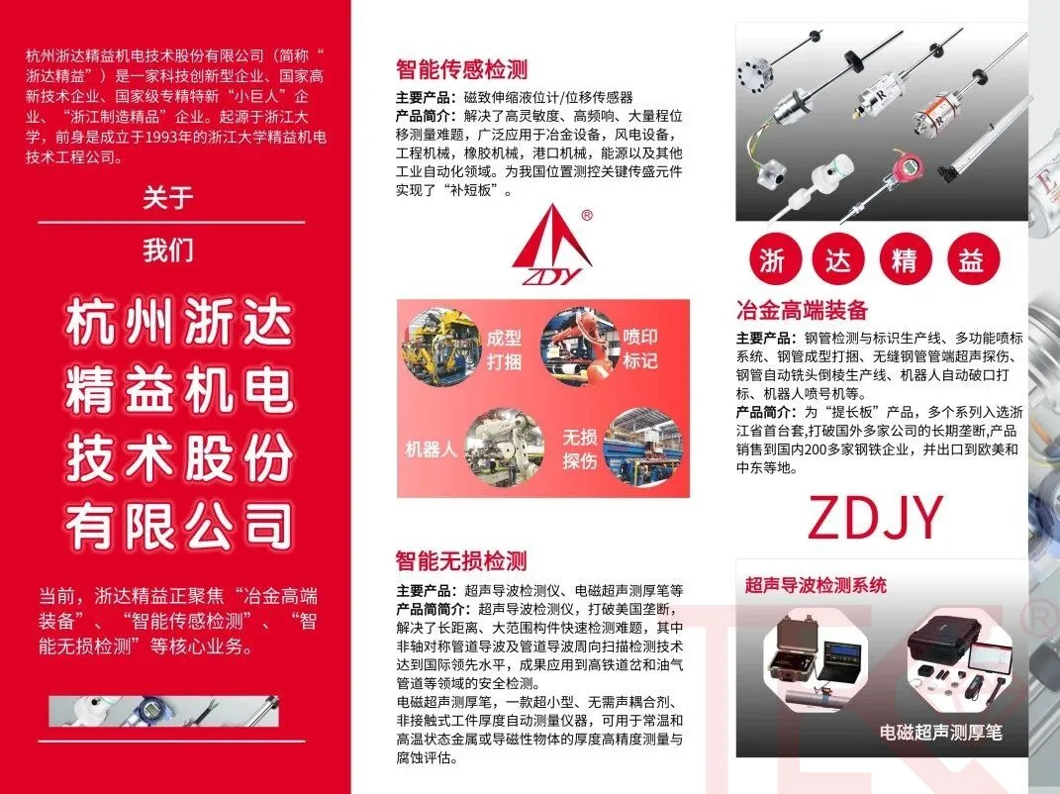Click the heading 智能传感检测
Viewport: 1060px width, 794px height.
(461, 69)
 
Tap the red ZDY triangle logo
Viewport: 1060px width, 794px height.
(553, 240)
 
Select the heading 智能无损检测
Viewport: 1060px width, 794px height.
(461, 561)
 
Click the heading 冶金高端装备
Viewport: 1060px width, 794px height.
(802, 310)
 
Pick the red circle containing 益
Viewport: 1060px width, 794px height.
(970, 259)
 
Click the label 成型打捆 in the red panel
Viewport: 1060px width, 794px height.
(503, 348)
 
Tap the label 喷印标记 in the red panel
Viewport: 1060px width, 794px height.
(640, 348)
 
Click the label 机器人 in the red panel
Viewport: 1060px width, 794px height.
(432, 448)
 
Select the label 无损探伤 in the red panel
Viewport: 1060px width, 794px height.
(580, 448)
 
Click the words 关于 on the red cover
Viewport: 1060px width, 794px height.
(167, 198)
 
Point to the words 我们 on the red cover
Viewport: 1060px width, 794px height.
(167, 249)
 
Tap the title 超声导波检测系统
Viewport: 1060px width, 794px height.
(816, 585)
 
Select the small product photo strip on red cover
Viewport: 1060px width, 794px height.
(163, 711)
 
